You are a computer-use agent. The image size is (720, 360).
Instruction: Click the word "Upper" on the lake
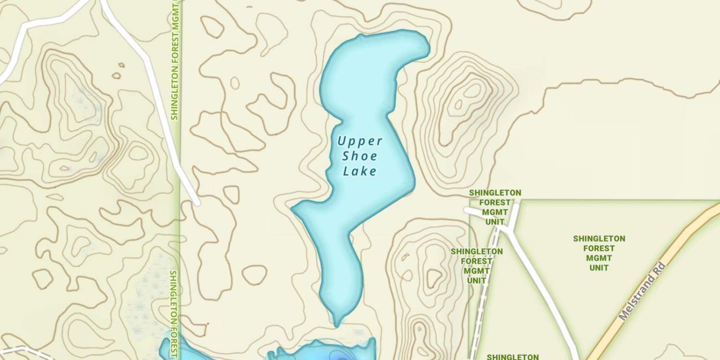pyautogui.click(x=360, y=141)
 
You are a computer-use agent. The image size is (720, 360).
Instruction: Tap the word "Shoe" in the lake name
pyautogui.click(x=360, y=156)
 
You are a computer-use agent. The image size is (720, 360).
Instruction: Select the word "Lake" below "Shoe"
pyautogui.click(x=360, y=171)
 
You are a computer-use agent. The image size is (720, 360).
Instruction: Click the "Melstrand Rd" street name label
pyautogui.click(x=642, y=291)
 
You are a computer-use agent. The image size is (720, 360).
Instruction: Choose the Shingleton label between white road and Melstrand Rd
pyautogui.click(x=599, y=253)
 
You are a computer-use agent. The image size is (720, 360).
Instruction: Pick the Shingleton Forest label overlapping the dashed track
pyautogui.click(x=477, y=266)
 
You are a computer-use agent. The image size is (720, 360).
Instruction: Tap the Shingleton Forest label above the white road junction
pyautogui.click(x=495, y=207)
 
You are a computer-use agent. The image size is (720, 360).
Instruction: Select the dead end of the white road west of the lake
pyautogui.click(x=197, y=203)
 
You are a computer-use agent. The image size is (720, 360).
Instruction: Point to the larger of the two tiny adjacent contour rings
pyautogui.click(x=116, y=75)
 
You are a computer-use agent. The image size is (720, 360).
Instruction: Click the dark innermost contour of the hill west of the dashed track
pyautogui.click(x=434, y=277)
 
